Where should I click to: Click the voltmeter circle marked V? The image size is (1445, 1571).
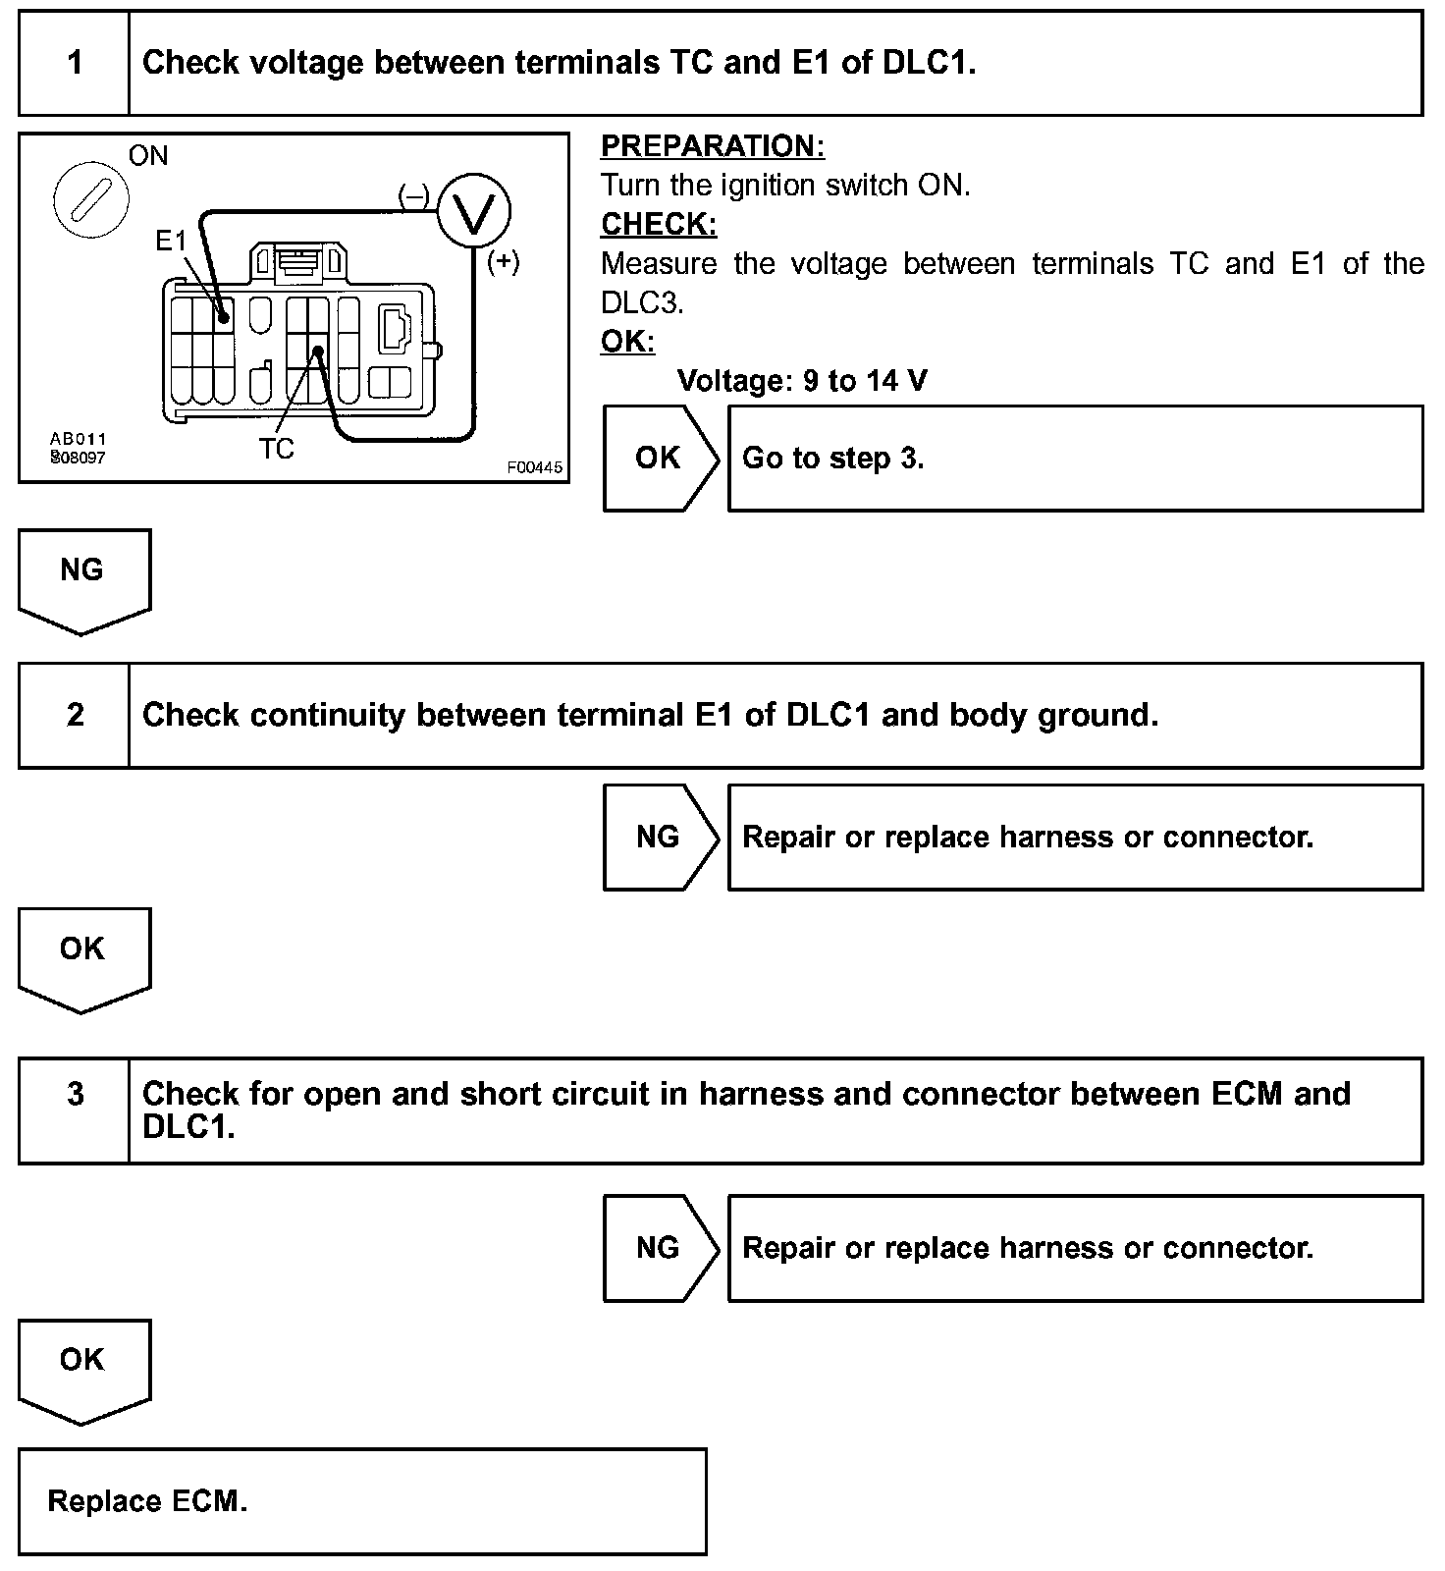(474, 212)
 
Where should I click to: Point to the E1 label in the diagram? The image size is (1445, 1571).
(171, 240)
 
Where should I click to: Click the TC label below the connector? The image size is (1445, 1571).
(276, 449)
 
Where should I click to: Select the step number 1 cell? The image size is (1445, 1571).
(75, 64)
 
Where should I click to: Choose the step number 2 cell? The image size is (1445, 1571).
(75, 715)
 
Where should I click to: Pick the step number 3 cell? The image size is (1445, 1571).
(75, 1094)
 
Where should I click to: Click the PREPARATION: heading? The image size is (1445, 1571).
(713, 146)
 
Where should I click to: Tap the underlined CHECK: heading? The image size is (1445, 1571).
(659, 224)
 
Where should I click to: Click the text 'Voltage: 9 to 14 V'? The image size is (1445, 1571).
(802, 381)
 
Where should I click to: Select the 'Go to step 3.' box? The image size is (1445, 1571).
(1075, 459)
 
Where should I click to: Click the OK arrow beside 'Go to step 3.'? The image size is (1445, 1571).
(658, 458)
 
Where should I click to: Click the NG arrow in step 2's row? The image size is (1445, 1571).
(658, 837)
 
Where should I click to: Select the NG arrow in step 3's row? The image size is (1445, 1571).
(658, 1248)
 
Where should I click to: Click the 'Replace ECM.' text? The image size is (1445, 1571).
(147, 1501)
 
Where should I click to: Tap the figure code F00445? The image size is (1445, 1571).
(534, 467)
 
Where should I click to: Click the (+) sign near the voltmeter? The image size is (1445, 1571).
(504, 262)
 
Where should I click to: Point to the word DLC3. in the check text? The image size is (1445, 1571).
(642, 302)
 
